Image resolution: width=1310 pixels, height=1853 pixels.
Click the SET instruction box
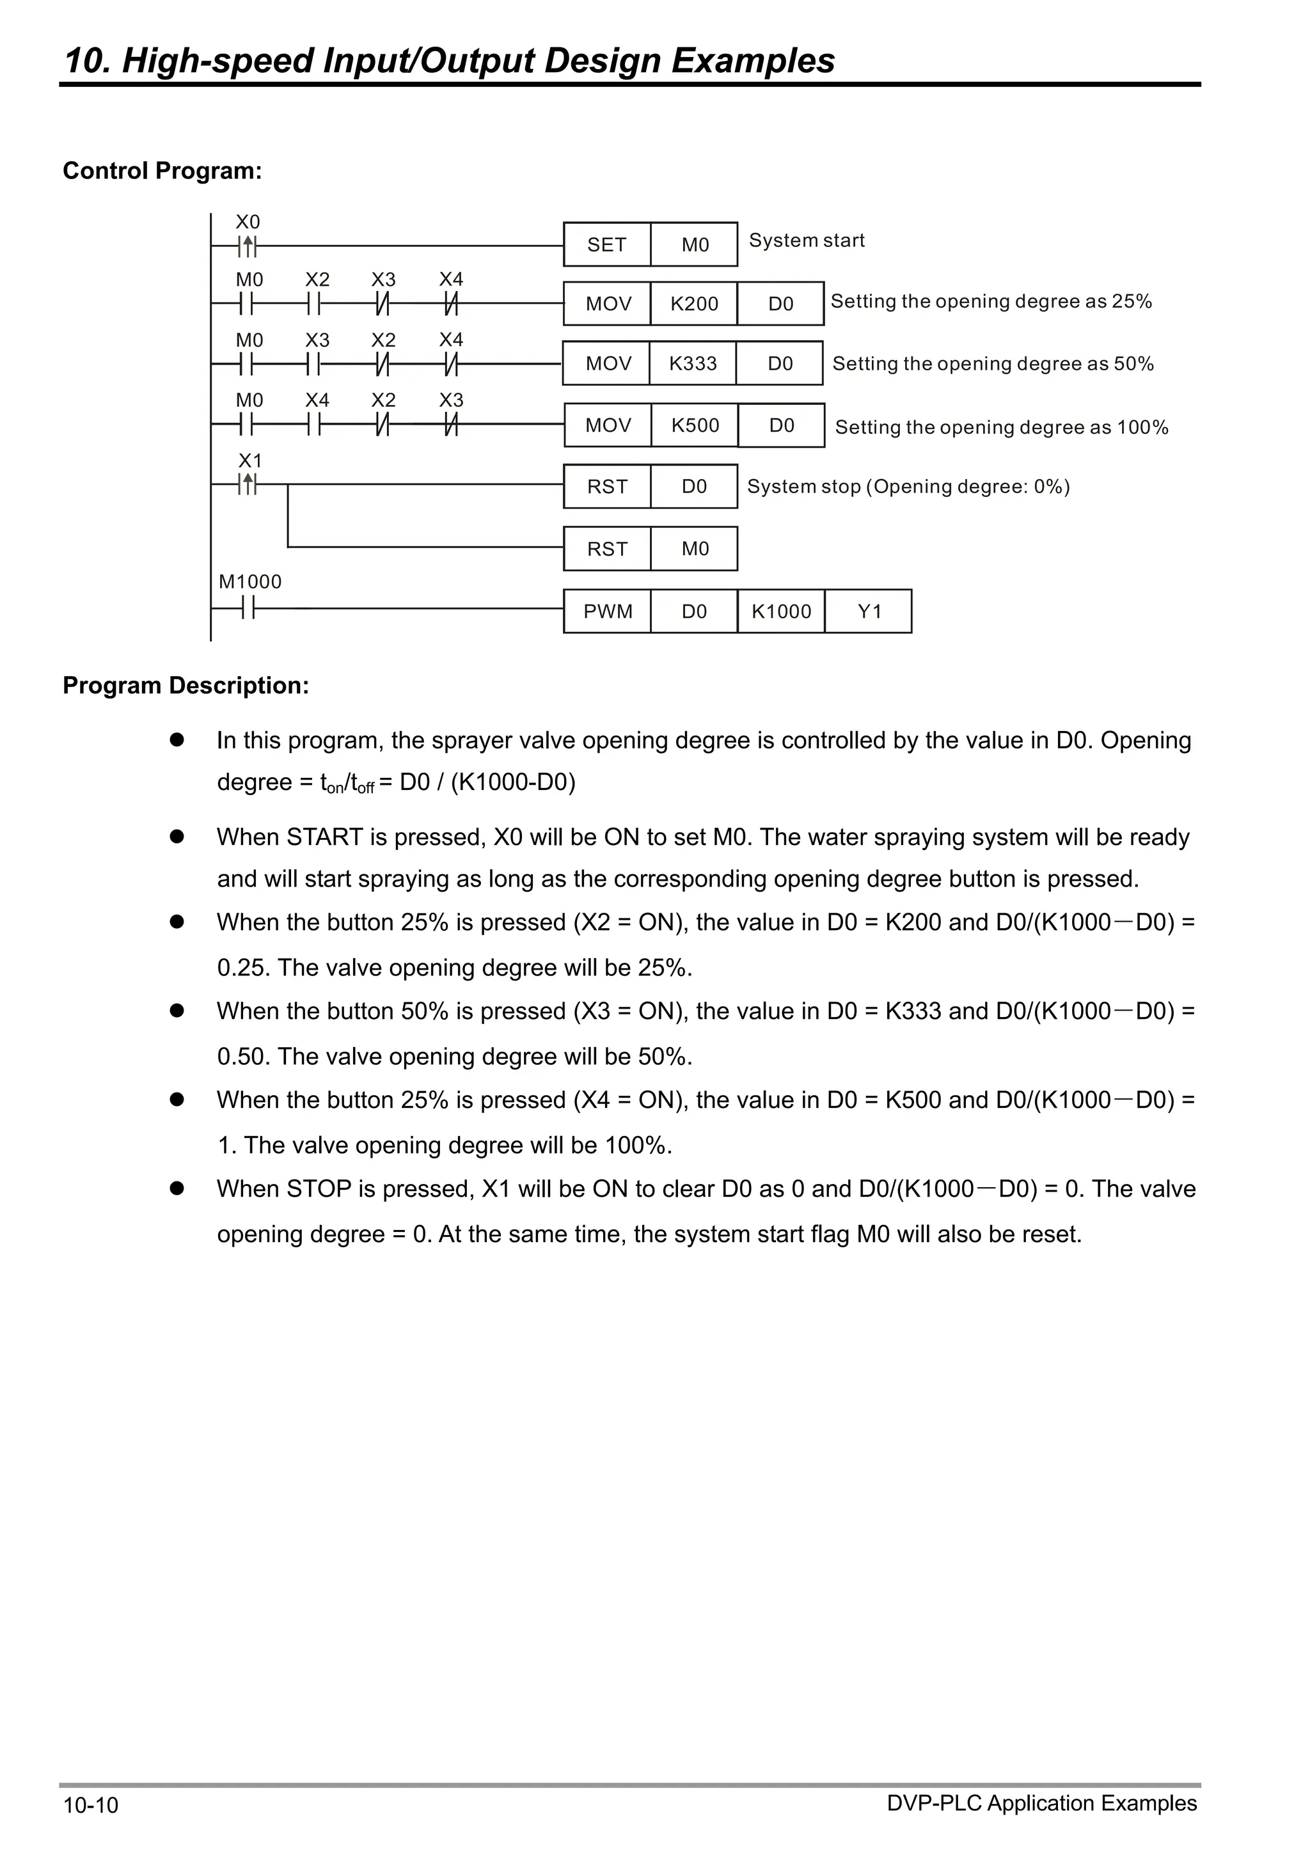tap(606, 244)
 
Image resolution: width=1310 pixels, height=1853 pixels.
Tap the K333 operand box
tap(693, 363)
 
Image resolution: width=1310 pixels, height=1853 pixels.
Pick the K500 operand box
tap(694, 425)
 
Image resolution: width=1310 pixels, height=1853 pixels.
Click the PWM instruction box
tap(607, 611)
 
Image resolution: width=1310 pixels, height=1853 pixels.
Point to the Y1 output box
tap(869, 611)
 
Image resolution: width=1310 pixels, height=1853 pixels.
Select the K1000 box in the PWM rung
tap(780, 611)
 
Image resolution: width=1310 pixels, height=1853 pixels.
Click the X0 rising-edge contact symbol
tap(249, 246)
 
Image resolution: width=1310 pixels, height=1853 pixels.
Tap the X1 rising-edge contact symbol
tap(249, 484)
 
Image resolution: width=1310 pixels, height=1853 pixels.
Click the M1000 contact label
tap(250, 582)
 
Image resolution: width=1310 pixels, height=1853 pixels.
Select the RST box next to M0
tap(607, 549)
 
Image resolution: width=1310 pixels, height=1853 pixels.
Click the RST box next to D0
tap(607, 487)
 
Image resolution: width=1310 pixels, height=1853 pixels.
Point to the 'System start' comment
tap(807, 240)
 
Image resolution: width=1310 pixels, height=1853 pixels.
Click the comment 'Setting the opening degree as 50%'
tap(993, 364)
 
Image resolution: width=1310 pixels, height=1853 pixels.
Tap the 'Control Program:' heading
tap(162, 171)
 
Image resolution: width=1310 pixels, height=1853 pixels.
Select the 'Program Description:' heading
tap(185, 685)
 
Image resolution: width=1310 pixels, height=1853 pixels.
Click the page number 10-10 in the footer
tap(90, 1806)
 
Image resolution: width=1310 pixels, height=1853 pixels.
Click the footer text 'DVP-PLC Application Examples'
tap(1041, 1803)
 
